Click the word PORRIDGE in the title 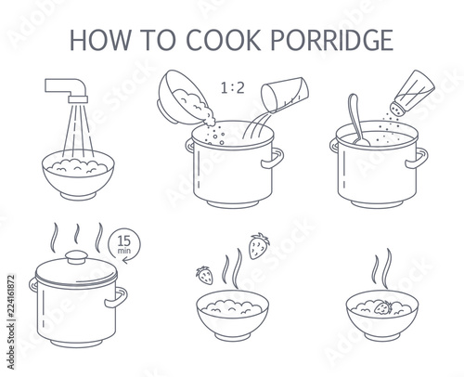(x=332, y=40)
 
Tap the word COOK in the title (x=223, y=40)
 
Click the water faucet (x=68, y=90)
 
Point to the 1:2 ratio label (x=233, y=88)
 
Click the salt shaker (x=412, y=92)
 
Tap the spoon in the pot (x=358, y=120)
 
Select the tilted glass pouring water (x=285, y=95)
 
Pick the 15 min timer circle (x=124, y=244)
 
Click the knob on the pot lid (x=76, y=257)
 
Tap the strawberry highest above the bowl (x=259, y=246)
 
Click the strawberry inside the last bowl (x=383, y=307)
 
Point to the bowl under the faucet (x=78, y=175)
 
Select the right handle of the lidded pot (x=117, y=297)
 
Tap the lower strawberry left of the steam (x=204, y=276)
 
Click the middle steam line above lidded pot (x=76, y=234)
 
